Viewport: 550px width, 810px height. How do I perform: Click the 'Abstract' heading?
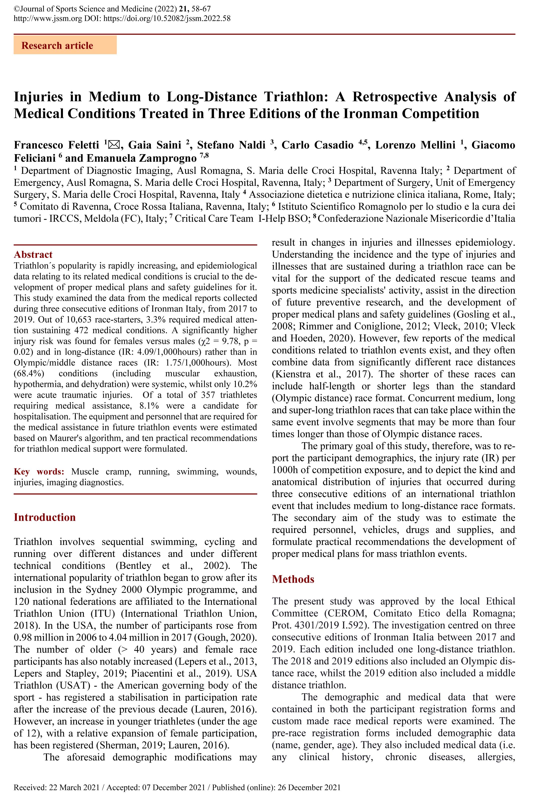[x=33, y=254]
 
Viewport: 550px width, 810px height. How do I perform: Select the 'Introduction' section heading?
[x=45, y=517]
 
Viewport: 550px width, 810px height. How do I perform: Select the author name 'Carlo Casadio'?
[x=317, y=145]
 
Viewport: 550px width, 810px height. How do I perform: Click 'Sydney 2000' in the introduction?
[x=116, y=590]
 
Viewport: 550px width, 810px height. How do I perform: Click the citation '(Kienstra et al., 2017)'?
[x=320, y=374]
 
